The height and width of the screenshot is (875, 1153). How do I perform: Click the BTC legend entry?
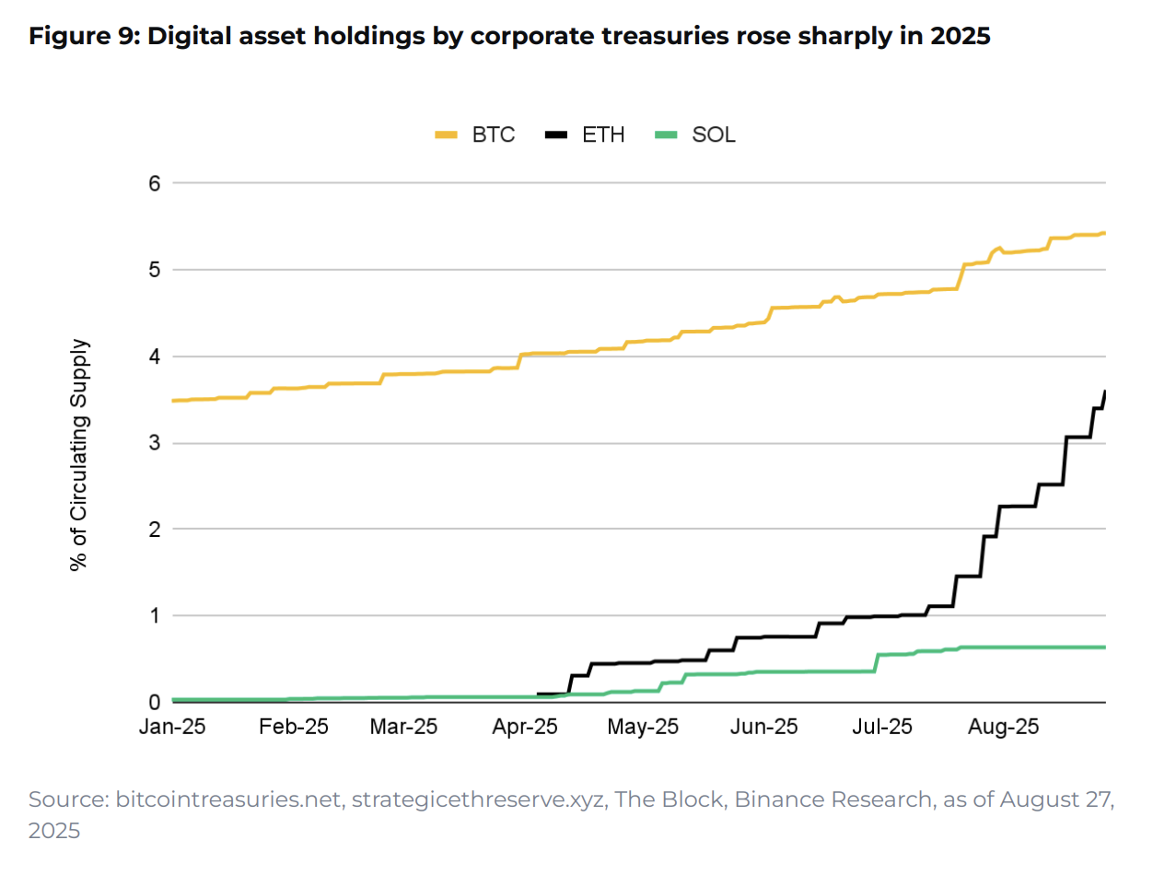pos(475,134)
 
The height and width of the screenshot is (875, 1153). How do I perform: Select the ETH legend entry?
pos(585,134)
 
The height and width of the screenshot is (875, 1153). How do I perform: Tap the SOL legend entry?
pos(694,134)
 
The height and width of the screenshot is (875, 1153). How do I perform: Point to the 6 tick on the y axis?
pos(154,183)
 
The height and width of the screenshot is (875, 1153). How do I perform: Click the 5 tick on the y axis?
pos(154,270)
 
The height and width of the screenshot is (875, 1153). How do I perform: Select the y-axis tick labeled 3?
pos(154,443)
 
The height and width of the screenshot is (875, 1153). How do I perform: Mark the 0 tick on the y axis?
pos(154,702)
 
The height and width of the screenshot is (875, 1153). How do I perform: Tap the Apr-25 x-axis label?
pos(526,727)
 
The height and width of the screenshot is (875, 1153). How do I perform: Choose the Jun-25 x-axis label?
pos(764,727)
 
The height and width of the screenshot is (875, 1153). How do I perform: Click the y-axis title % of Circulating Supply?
pos(81,454)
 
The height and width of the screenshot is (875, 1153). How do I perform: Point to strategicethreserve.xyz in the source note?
pos(468,799)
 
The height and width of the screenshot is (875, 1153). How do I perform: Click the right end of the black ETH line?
pos(1104,391)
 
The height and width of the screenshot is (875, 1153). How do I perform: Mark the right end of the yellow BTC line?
pos(1104,233)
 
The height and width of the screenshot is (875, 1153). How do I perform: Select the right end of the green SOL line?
pos(1104,647)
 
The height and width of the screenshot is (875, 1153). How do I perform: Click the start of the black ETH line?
pos(538,694)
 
